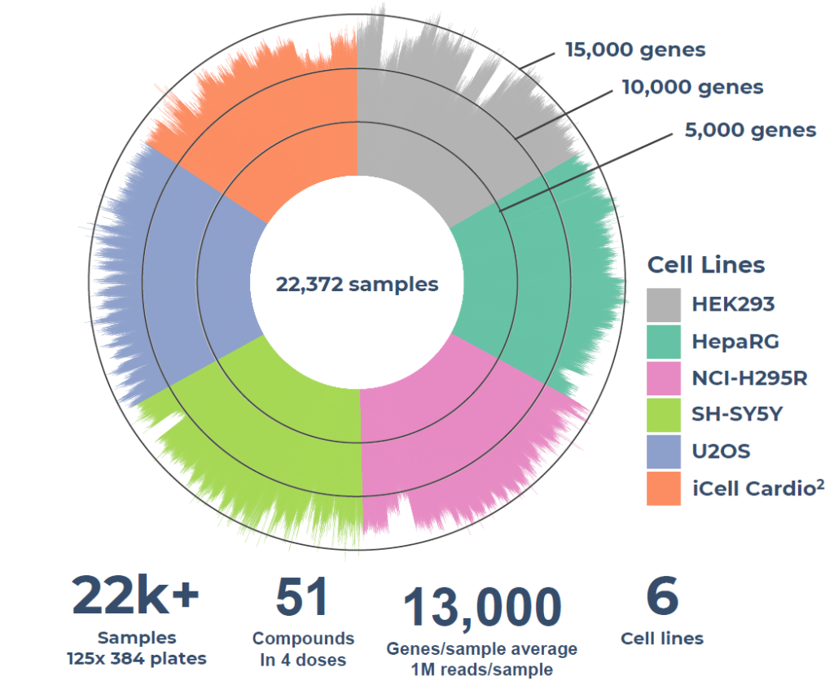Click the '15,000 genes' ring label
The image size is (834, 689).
coord(635,50)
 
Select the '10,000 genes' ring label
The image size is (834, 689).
coord(692,87)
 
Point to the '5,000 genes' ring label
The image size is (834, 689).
coord(744,130)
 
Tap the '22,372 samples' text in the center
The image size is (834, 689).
coord(357,285)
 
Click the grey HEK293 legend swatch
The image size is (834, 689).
coord(664,304)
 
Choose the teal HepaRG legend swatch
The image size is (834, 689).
coord(664,341)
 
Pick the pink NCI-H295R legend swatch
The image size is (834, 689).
coord(664,377)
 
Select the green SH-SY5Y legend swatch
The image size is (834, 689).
coord(664,414)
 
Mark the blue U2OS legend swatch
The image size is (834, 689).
coord(664,451)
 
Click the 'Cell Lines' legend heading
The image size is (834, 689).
coord(706,265)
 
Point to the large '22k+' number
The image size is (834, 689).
coord(136,596)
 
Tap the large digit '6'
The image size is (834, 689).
coord(661,596)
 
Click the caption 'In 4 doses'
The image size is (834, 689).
coord(303,660)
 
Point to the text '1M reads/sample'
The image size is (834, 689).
coord(482,670)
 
